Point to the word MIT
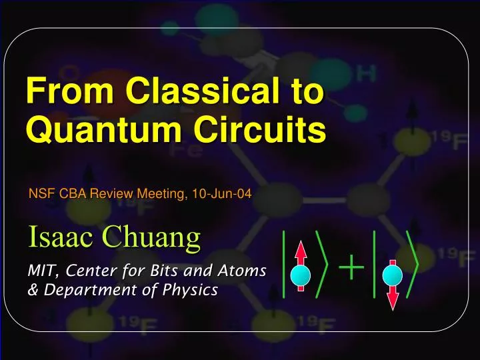tap(41, 271)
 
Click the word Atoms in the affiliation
tap(243, 271)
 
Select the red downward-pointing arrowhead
tap(393, 302)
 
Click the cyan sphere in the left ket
tap(301, 273)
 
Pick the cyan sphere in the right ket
tap(393, 275)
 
